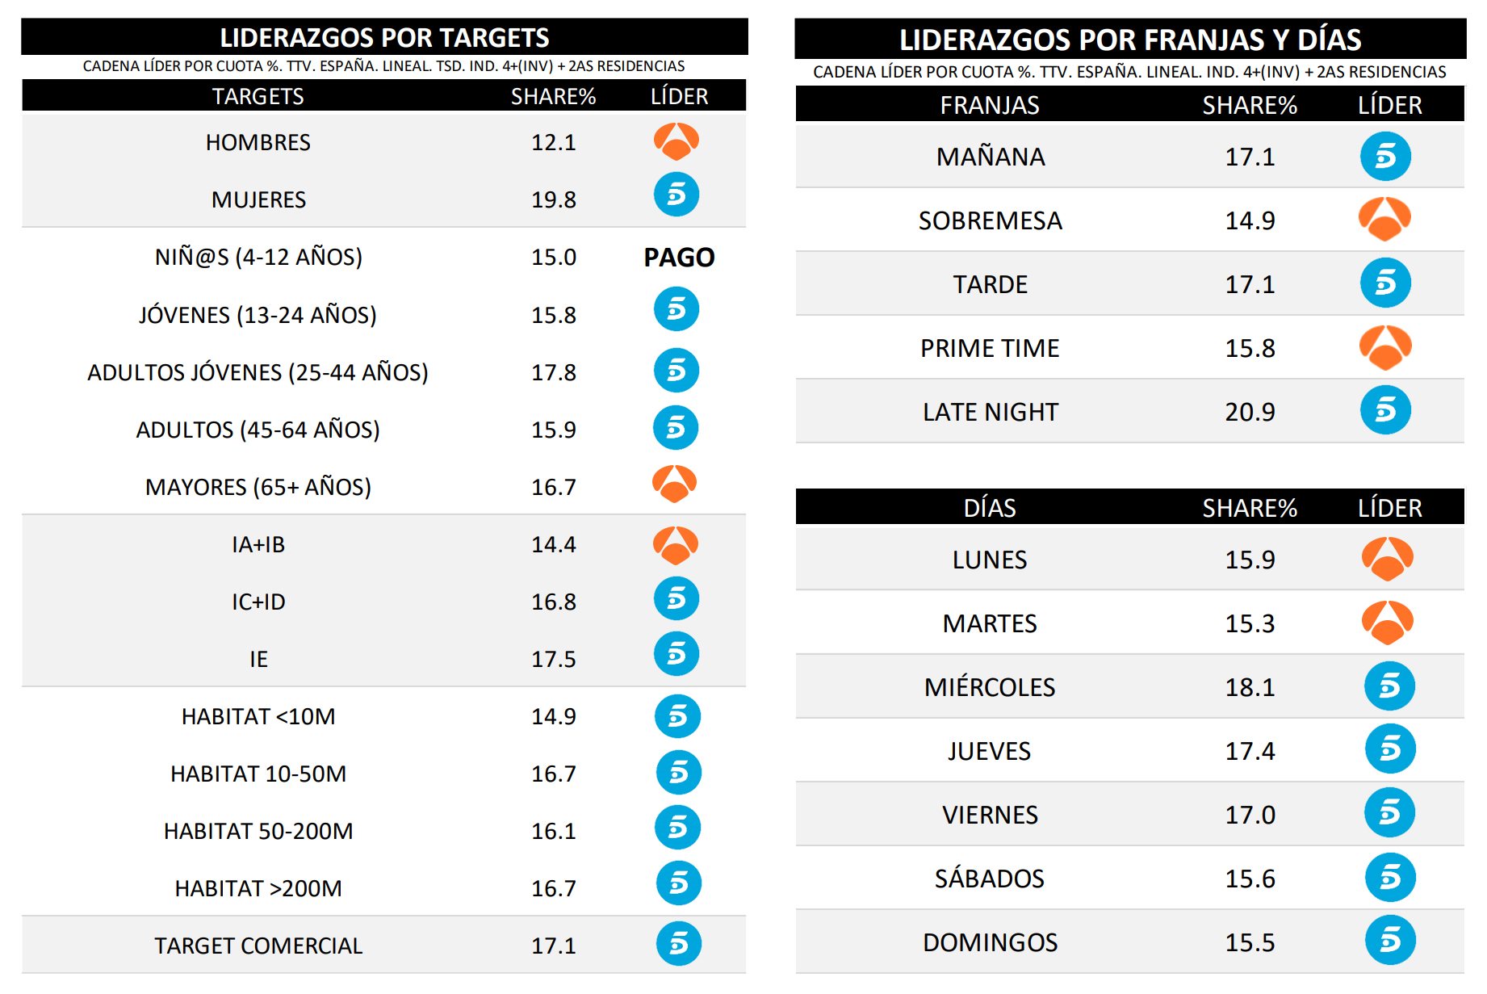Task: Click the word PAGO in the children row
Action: click(678, 258)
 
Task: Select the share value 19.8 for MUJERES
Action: click(553, 199)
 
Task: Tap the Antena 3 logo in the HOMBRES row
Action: click(676, 141)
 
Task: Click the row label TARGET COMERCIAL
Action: click(258, 946)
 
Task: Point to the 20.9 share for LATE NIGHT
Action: click(1250, 412)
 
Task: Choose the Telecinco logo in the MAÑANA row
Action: click(1385, 156)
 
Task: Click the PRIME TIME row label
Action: click(990, 348)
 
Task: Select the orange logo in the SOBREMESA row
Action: click(1384, 219)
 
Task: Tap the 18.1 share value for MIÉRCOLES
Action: click(1250, 687)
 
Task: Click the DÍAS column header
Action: click(990, 508)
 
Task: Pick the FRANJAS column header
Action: click(990, 105)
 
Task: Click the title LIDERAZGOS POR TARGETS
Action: click(384, 38)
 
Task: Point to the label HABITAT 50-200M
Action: click(258, 831)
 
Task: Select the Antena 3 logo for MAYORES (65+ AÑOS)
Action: click(674, 484)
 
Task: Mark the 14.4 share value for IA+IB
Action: click(553, 544)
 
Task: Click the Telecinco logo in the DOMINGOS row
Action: click(1389, 940)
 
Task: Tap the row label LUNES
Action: click(990, 560)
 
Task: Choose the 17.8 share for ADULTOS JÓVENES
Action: click(553, 372)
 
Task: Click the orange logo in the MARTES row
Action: click(1387, 623)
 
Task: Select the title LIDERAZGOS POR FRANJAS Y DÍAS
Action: click(1130, 40)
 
